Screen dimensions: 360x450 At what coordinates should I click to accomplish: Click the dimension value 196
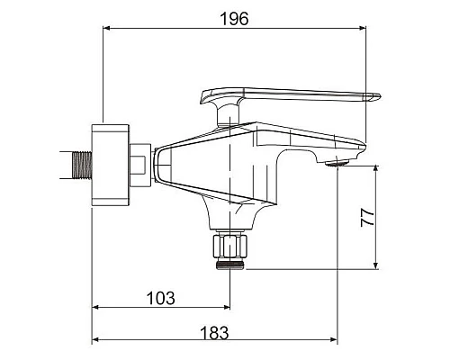pos(235,18)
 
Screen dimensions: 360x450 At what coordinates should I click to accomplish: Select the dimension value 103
pos(163,298)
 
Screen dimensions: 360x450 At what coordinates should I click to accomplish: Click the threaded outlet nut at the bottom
pos(230,261)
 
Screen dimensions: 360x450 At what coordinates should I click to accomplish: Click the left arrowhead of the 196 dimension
pos(108,30)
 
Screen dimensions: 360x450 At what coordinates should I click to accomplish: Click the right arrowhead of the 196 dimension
pos(363,30)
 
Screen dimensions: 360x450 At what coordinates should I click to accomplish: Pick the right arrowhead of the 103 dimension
pos(227,310)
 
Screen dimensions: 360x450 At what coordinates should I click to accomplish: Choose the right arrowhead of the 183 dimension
pos(335,340)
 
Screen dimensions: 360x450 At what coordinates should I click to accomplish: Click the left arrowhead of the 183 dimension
pos(96,340)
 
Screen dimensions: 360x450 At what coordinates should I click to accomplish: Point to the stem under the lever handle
pos(227,112)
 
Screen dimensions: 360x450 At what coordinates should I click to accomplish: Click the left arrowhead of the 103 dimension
pos(96,310)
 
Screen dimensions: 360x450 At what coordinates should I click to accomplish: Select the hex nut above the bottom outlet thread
pos(230,244)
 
